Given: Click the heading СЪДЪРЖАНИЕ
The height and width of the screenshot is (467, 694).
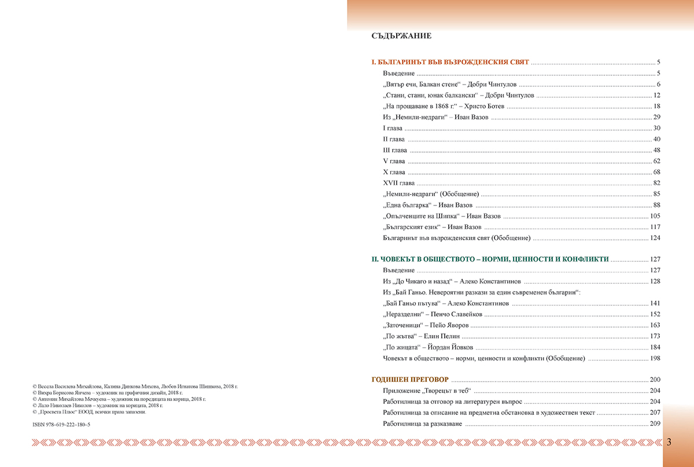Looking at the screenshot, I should [x=401, y=36].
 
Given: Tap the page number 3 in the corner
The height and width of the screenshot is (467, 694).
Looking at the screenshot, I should [x=669, y=443].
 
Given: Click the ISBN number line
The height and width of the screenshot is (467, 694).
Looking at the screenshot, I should [x=62, y=424].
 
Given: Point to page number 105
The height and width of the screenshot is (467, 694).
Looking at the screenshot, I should [x=655, y=216].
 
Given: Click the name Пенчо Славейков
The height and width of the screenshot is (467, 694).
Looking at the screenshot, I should [x=456, y=314].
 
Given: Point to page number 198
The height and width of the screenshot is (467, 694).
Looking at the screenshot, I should [x=655, y=358].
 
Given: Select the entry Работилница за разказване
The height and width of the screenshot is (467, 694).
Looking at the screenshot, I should [x=422, y=424].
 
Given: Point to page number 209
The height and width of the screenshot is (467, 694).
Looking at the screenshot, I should [x=655, y=424].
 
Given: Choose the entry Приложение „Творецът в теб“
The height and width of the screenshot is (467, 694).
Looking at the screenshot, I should [x=424, y=391].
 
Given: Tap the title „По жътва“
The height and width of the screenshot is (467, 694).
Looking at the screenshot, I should [x=398, y=336].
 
